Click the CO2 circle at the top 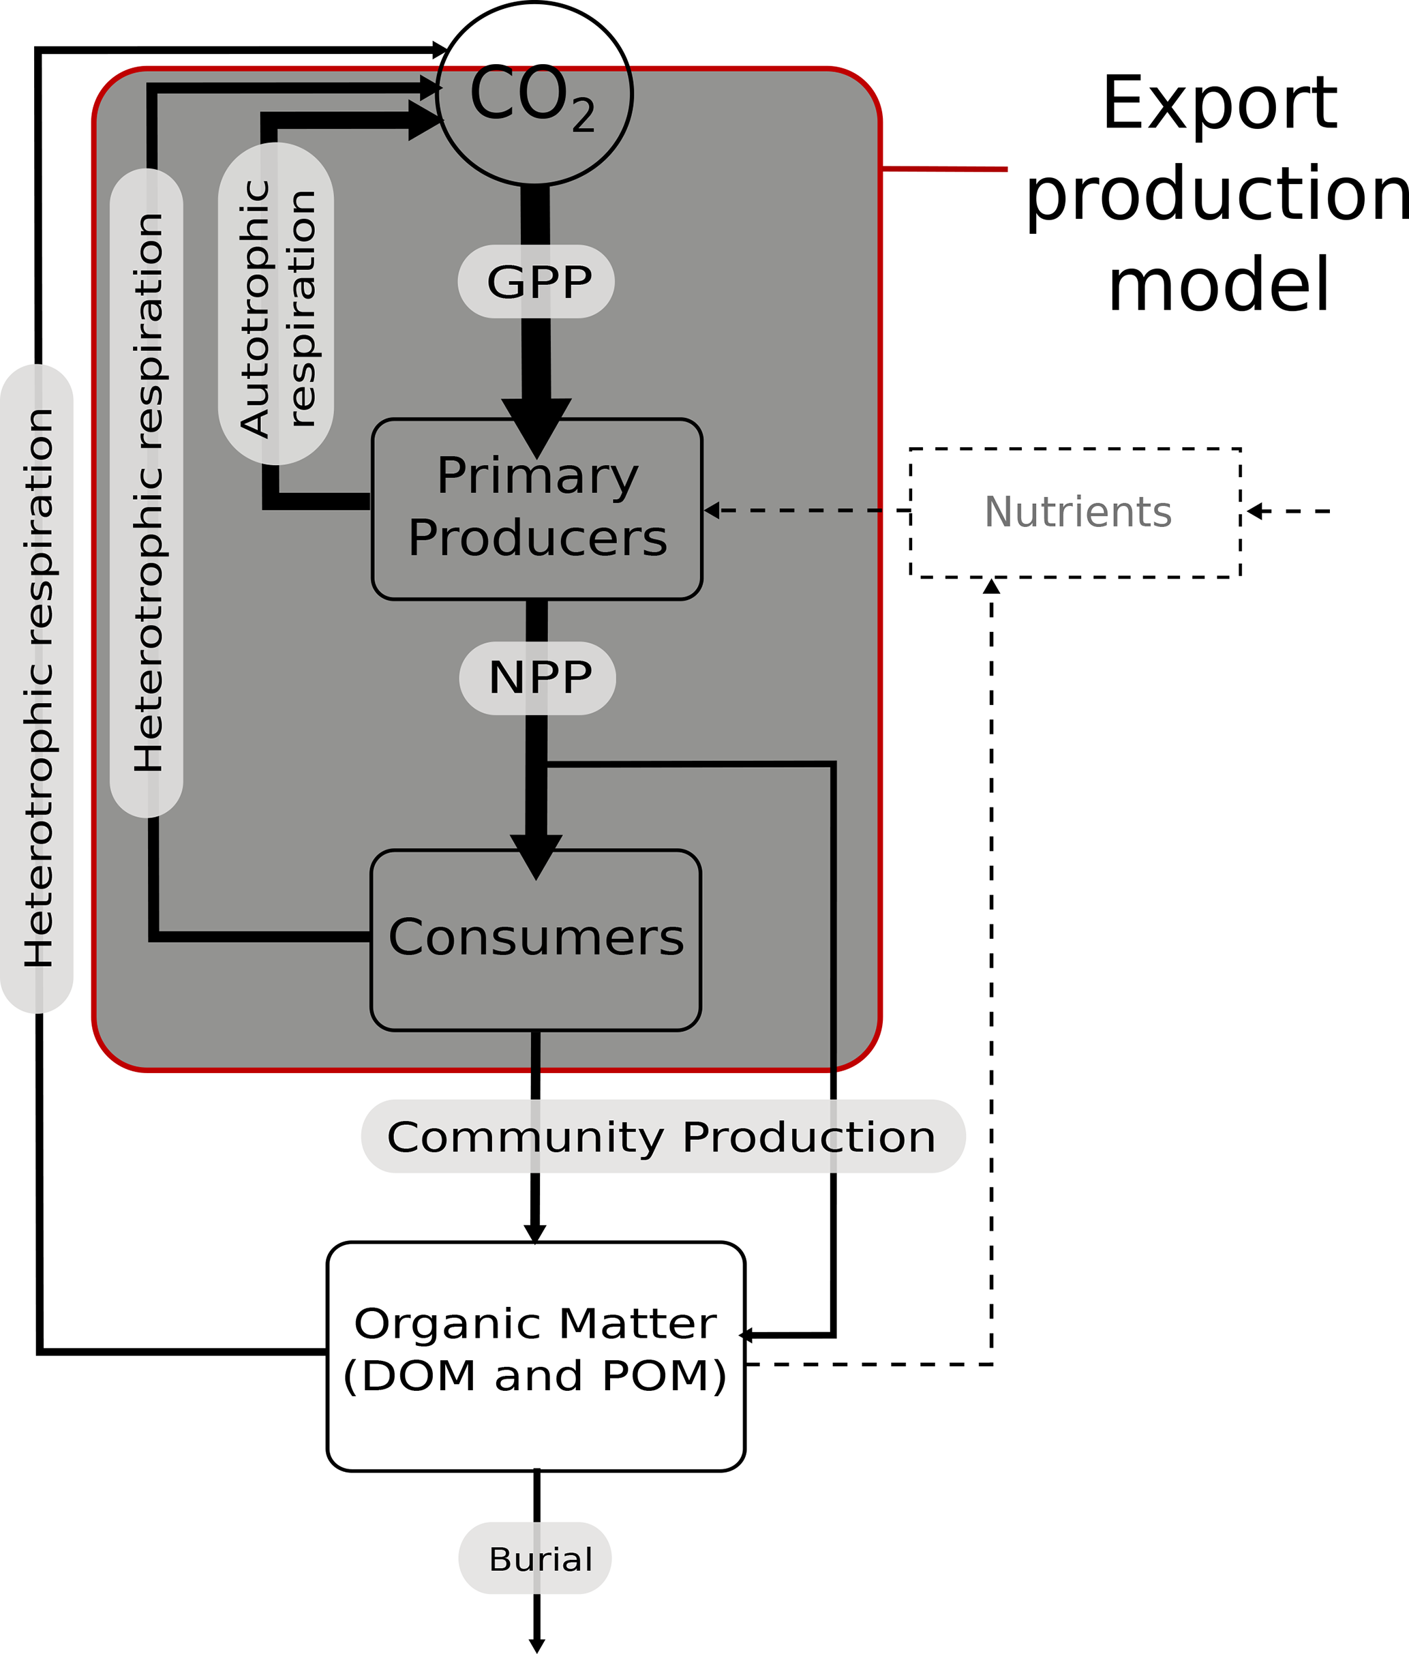tap(535, 94)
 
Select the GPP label tap(536, 282)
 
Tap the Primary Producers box tap(537, 509)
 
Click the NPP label tap(537, 678)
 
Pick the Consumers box tap(536, 939)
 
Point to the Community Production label tap(663, 1136)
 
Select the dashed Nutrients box tap(1075, 513)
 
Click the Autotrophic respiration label tap(276, 304)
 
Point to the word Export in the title tap(1219, 103)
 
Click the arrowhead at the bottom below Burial tap(537, 1644)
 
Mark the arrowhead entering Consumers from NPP tap(536, 855)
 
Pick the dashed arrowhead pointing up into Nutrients tap(992, 587)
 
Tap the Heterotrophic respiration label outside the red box tap(37, 688)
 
